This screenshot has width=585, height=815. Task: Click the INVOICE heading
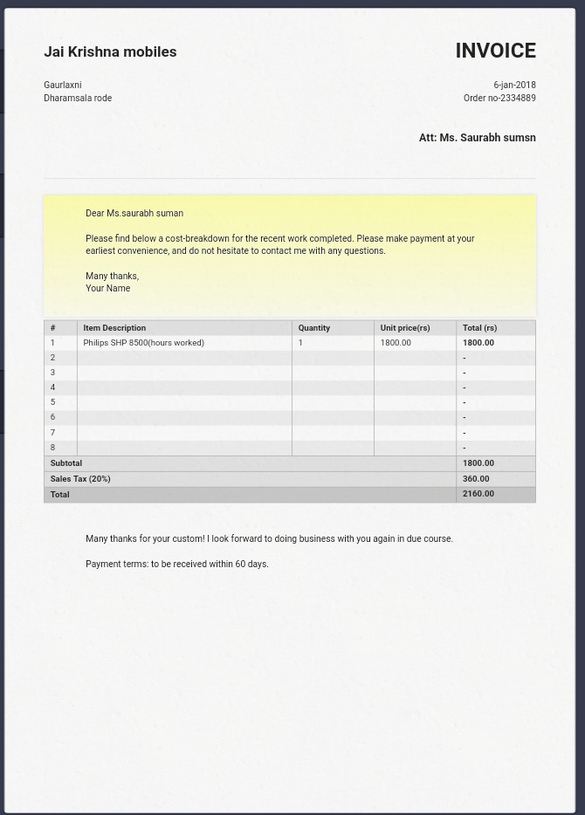tap(495, 51)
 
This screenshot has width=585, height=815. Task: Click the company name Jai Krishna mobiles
tap(110, 51)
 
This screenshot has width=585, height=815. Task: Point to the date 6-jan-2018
tap(514, 85)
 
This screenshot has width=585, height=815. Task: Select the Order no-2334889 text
tap(499, 98)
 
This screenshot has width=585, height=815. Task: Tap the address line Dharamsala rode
tap(78, 98)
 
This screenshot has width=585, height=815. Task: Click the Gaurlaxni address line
tap(63, 85)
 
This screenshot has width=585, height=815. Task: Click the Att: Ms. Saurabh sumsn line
tap(477, 138)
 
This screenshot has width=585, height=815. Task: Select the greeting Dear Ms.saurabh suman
tap(134, 213)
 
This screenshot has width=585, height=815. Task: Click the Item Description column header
tap(114, 328)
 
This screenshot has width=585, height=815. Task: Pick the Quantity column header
tap(313, 328)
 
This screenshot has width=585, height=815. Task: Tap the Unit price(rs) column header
tap(405, 328)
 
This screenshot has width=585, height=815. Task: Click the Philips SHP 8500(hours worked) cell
tap(143, 343)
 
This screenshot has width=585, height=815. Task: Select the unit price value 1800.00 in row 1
tap(396, 343)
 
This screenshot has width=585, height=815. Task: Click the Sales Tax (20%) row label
tap(80, 479)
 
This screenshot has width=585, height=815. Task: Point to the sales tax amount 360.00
tap(476, 479)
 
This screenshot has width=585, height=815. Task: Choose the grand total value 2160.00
tap(478, 494)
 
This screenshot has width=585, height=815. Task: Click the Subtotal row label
tap(66, 463)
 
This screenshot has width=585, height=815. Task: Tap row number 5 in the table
tap(52, 402)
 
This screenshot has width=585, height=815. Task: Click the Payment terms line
tap(177, 564)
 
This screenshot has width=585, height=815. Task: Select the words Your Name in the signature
tap(107, 288)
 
